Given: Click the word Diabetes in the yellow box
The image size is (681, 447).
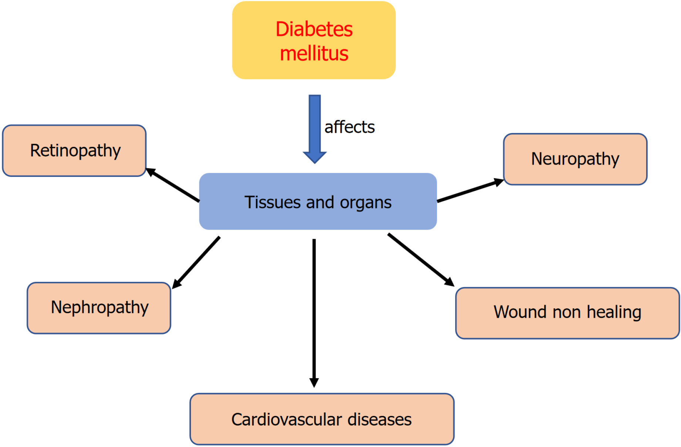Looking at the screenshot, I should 314,29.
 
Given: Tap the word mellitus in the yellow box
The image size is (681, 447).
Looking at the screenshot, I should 314,54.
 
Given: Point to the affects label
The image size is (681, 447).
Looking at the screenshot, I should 350,127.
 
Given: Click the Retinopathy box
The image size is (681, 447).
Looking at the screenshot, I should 74,150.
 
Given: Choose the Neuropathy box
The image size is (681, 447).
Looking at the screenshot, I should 575,159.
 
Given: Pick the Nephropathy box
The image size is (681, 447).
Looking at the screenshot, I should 99,308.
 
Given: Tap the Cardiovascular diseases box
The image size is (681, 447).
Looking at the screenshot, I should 322,419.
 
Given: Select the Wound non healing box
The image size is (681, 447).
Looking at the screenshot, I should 567,312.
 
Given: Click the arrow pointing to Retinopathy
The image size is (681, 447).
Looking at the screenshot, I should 173,185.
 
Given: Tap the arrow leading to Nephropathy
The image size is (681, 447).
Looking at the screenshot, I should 196,262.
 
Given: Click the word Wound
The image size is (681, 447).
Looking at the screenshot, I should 520,312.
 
